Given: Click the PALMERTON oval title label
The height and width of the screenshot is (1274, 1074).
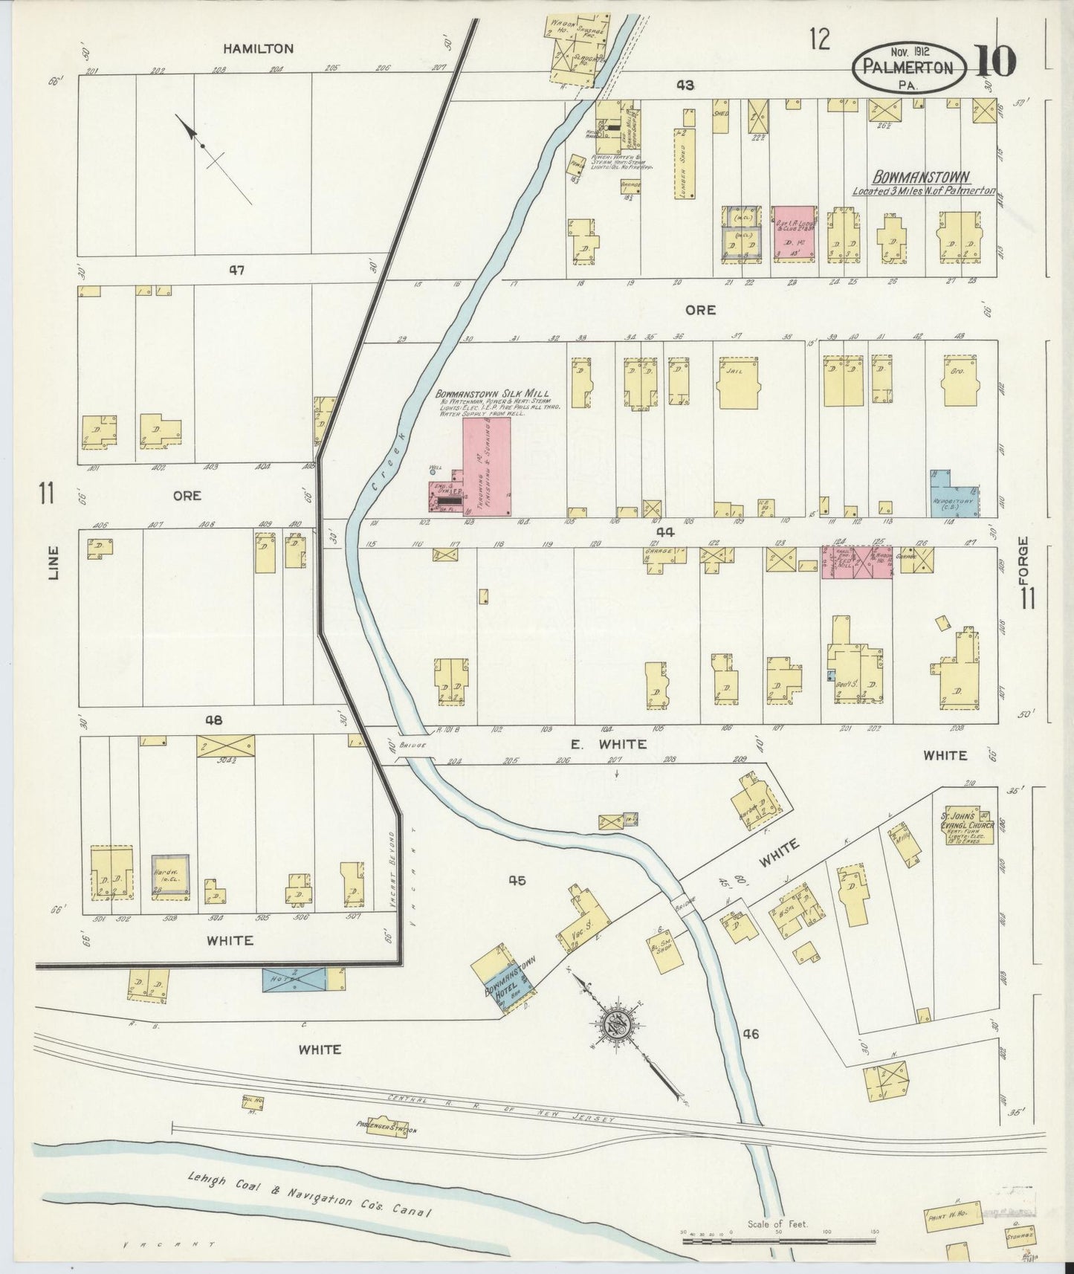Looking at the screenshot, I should click(908, 68).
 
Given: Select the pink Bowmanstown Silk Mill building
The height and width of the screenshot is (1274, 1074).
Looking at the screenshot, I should click(487, 465).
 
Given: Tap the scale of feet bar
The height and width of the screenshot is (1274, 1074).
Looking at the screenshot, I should click(778, 1241).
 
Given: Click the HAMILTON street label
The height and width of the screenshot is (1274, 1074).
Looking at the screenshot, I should click(259, 49).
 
